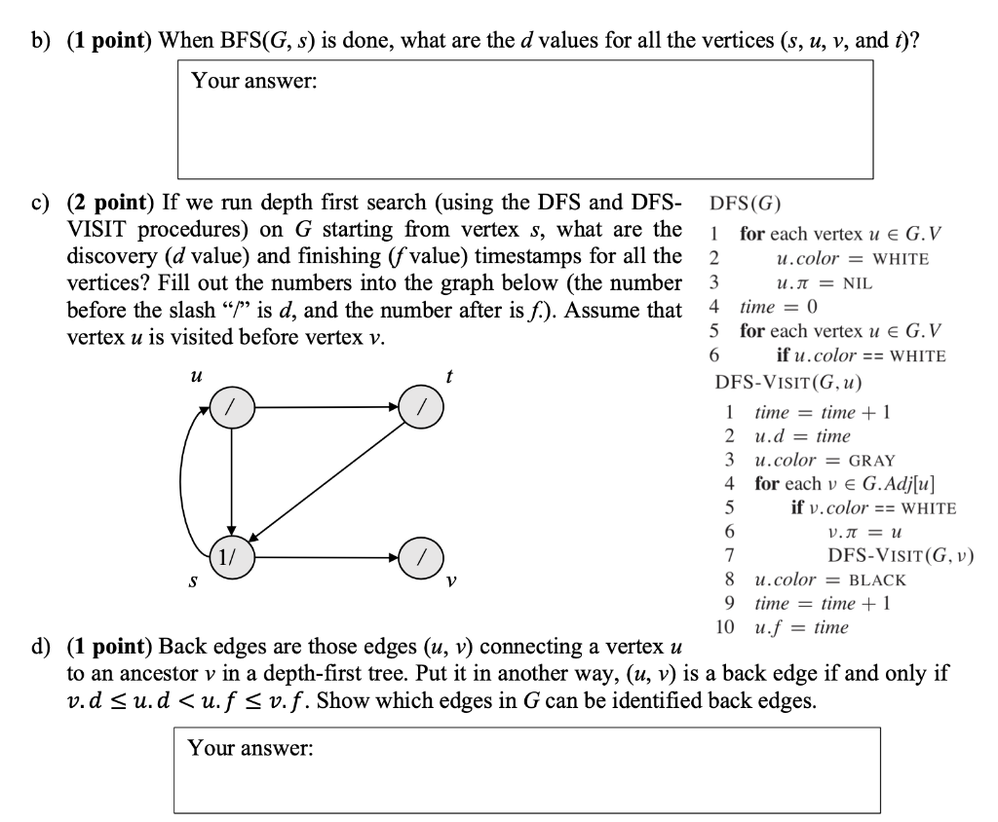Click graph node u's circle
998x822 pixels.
pos(231,407)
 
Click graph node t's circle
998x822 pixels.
pos(421,407)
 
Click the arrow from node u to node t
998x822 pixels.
pos(326,407)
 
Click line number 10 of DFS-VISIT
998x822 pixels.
pos(724,627)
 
